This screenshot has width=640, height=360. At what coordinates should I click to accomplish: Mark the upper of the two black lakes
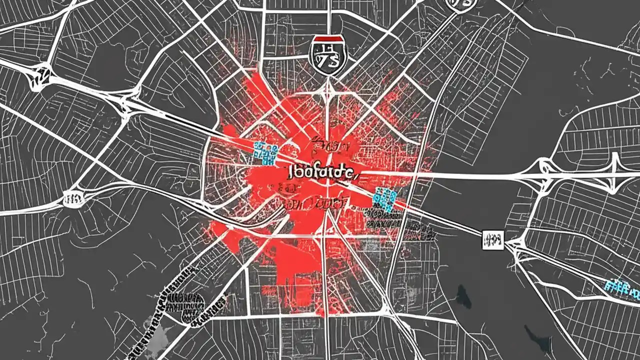(x=463, y=298)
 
